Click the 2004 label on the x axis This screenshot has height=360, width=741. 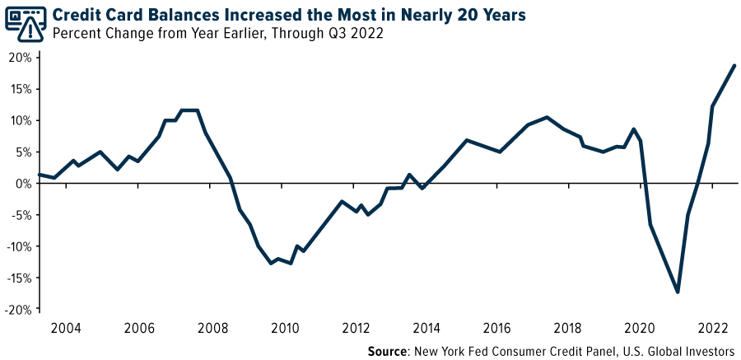coord(66,328)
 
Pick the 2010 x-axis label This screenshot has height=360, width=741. coord(285,328)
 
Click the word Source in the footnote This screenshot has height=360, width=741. coord(389,350)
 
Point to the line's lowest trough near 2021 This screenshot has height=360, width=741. coord(678,292)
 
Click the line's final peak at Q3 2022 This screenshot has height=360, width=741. coord(734,65)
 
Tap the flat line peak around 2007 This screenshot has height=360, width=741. coord(190,110)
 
